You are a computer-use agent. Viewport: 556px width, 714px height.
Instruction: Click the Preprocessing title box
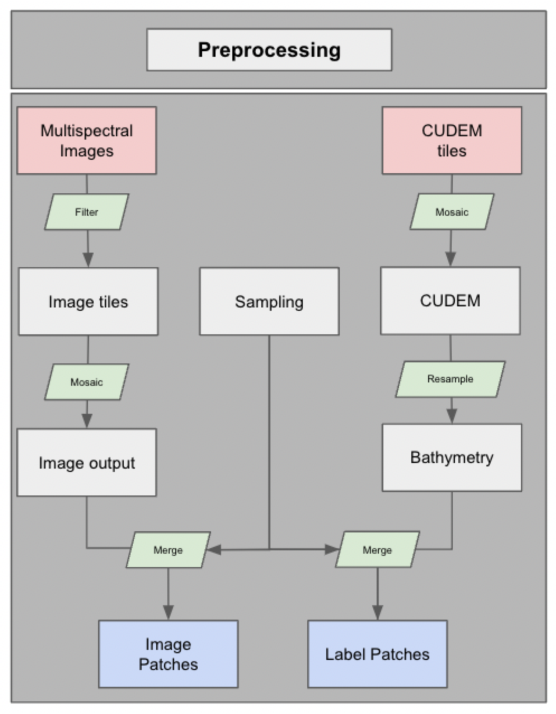pyautogui.click(x=269, y=50)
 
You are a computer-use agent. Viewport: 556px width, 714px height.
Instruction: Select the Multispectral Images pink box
pyautogui.click(x=87, y=141)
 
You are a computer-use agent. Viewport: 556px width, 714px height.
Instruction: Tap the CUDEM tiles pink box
pyautogui.click(x=452, y=141)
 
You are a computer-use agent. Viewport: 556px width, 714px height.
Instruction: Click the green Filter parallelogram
pyautogui.click(x=87, y=212)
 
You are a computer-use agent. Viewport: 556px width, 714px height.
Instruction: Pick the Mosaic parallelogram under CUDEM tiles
pyautogui.click(x=452, y=212)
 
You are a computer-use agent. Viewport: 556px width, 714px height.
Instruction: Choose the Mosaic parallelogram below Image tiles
pyautogui.click(x=87, y=382)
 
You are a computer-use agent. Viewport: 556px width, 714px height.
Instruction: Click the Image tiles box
pyautogui.click(x=88, y=301)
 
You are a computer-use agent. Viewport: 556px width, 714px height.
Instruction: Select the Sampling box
pyautogui.click(x=269, y=301)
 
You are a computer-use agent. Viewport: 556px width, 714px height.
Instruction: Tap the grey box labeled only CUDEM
pyautogui.click(x=450, y=301)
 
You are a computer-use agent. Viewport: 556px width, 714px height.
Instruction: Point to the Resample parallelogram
pyautogui.click(x=450, y=379)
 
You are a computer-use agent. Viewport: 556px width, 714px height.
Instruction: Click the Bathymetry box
pyautogui.click(x=452, y=458)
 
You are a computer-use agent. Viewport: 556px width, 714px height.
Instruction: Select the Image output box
pyautogui.click(x=87, y=463)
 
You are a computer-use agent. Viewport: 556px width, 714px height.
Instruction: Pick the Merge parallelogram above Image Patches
pyautogui.click(x=168, y=550)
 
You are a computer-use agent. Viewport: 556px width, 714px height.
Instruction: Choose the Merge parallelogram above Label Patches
pyautogui.click(x=377, y=550)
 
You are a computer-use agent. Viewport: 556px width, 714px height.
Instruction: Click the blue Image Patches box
pyautogui.click(x=168, y=654)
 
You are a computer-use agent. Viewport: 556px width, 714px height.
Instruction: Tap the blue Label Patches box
pyautogui.click(x=377, y=654)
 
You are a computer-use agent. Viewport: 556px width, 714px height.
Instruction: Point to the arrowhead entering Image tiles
pyautogui.click(x=88, y=259)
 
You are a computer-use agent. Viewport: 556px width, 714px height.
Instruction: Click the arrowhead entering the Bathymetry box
pyautogui.click(x=451, y=416)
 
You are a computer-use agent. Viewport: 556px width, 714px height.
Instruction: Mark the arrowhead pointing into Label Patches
pyautogui.click(x=377, y=612)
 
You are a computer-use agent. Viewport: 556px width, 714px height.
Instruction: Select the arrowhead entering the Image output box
pyautogui.click(x=87, y=420)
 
